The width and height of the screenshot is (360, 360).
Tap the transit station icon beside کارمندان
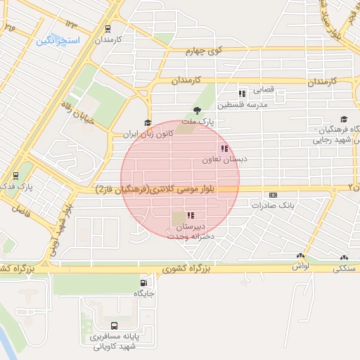(x=108, y=30)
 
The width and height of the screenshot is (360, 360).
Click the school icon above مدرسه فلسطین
(x=242, y=94)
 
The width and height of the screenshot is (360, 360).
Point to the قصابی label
(x=265, y=90)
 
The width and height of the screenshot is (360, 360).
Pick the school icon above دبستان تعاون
(x=224, y=148)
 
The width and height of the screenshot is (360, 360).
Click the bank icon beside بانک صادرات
(x=273, y=195)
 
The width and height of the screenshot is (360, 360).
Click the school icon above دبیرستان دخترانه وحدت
(x=191, y=216)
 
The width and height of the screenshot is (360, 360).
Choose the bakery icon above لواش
(x=300, y=257)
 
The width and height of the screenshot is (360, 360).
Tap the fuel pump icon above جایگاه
(x=142, y=284)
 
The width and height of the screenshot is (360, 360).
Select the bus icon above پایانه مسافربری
(x=114, y=326)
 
